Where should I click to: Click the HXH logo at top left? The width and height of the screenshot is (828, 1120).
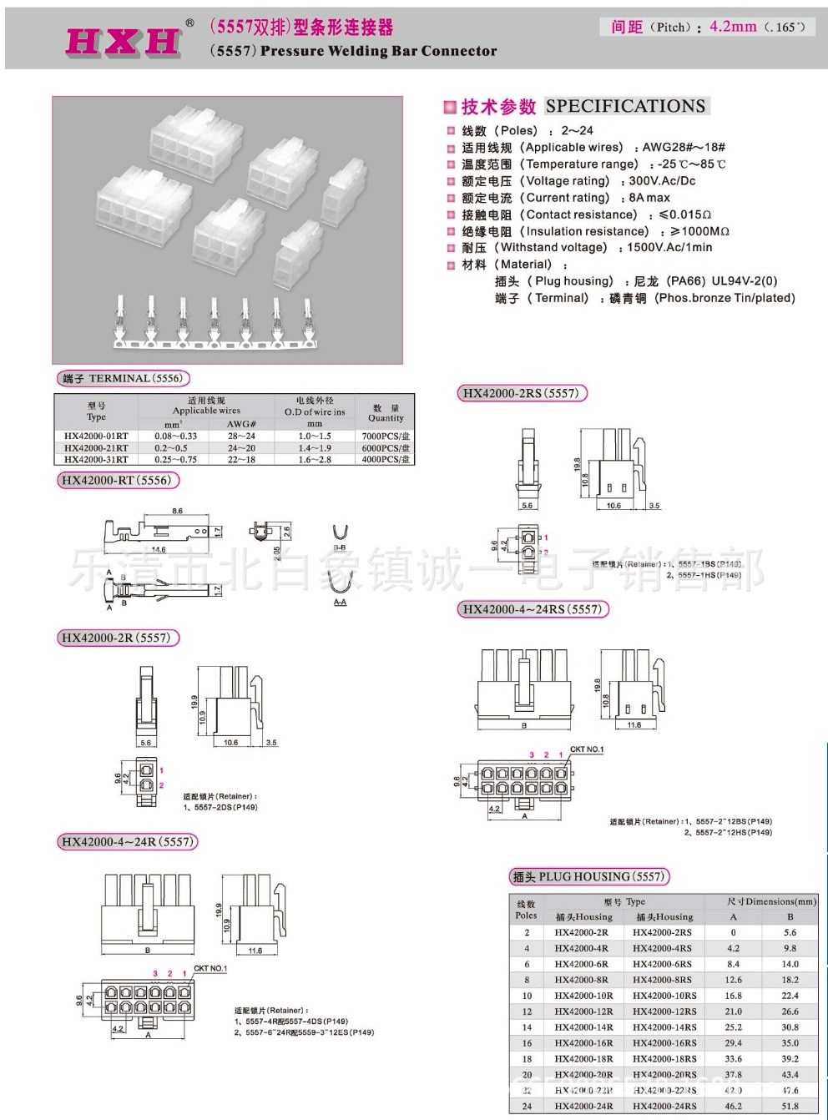pos(123,41)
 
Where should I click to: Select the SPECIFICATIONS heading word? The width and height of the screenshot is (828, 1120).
pos(625,106)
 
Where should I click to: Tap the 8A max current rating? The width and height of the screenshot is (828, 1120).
pos(649,198)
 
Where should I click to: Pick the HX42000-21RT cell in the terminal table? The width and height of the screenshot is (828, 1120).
pos(96,447)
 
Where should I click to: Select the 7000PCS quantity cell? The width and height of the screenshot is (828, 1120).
pos(386,436)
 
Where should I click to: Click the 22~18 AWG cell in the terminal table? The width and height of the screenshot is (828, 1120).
pos(241,459)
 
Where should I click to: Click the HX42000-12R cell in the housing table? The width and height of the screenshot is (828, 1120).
pos(583,1012)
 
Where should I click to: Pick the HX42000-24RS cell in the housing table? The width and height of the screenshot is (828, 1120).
pos(664,1106)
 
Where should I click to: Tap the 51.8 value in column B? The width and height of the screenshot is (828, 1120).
pos(790,1106)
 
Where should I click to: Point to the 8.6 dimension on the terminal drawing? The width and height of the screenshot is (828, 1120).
pos(177,511)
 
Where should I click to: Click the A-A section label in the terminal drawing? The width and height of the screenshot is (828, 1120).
pos(340,602)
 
